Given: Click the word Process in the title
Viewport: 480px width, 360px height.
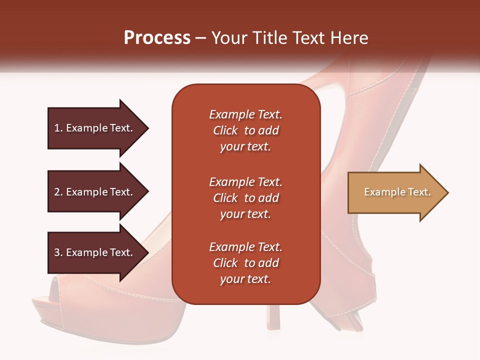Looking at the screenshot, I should click(x=157, y=37).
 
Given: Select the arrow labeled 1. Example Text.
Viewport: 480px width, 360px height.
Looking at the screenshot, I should click(x=95, y=128).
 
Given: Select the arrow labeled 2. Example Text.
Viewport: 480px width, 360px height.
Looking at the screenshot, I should click(x=95, y=192).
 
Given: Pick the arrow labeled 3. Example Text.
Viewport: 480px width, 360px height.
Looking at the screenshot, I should click(x=95, y=252).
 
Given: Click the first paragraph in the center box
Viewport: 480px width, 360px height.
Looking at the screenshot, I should click(x=245, y=130).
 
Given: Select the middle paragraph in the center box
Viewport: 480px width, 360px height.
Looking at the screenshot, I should click(x=245, y=198).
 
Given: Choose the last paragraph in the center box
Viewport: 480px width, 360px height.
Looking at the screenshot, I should click(x=245, y=263).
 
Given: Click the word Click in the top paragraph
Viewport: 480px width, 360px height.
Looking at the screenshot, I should click(x=225, y=130).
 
